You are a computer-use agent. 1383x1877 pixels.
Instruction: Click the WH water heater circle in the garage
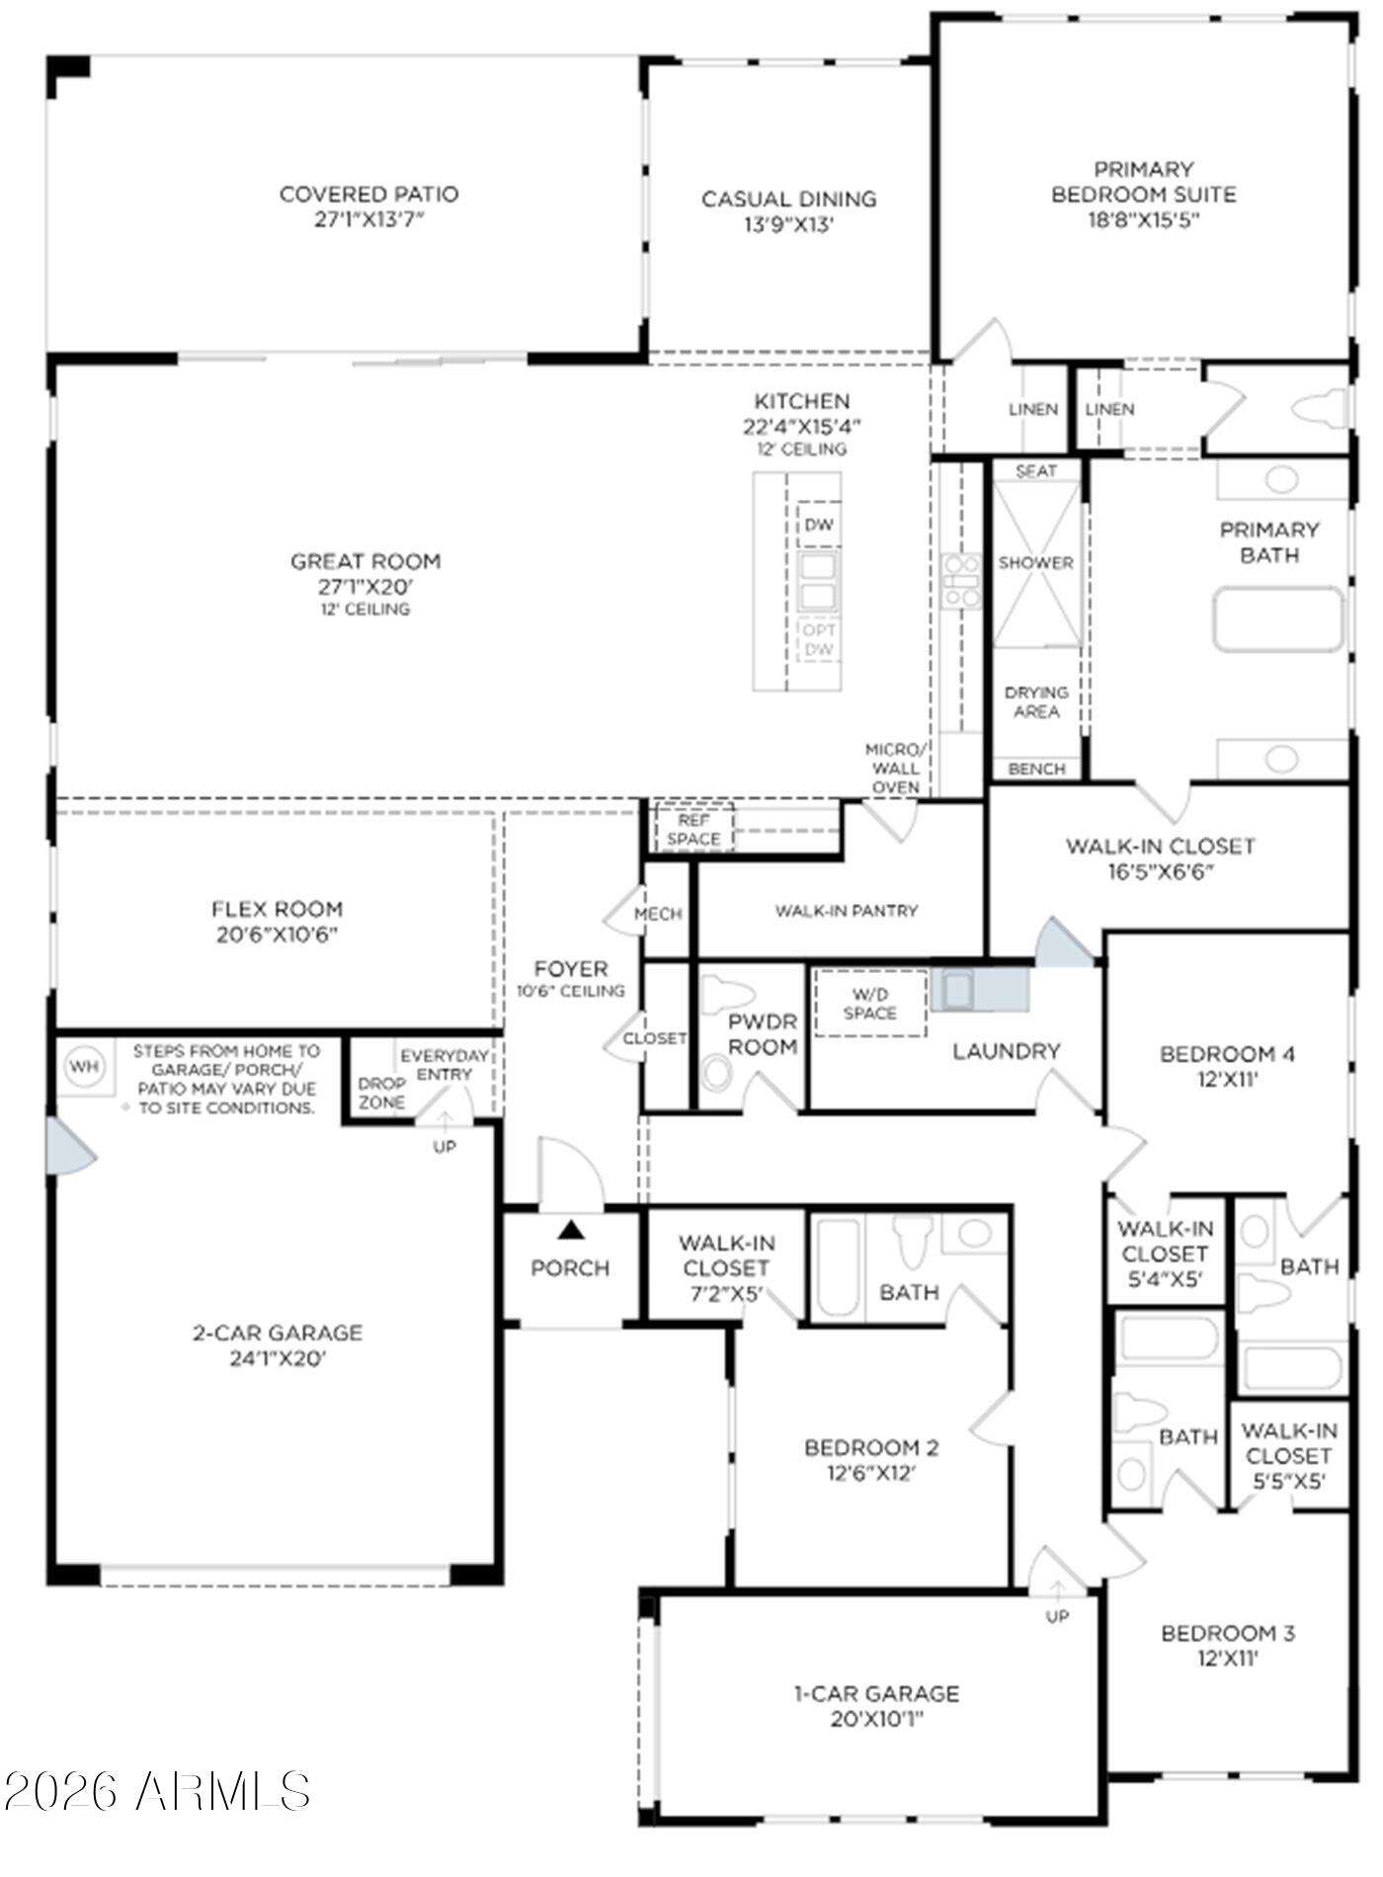[84, 1067]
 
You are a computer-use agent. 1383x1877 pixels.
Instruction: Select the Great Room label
[366, 562]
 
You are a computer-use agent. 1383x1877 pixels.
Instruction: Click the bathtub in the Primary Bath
[1278, 619]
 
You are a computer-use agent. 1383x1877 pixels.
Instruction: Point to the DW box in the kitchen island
[819, 525]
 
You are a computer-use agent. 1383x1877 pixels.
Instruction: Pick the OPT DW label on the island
[819, 639]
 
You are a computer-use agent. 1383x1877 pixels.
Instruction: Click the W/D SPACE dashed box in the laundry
[870, 1004]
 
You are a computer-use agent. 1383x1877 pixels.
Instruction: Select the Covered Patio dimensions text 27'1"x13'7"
[368, 219]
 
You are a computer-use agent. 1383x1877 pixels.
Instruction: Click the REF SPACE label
[693, 830]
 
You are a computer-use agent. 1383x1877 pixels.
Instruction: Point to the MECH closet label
[658, 915]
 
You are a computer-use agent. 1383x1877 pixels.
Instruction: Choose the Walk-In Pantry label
[847, 911]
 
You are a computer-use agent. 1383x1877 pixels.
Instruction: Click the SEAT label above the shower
[1035, 471]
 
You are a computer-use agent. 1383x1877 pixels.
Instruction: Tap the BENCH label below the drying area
[1036, 769]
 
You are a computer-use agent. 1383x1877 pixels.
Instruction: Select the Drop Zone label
[381, 1093]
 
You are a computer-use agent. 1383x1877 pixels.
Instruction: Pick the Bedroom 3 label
[1228, 1634]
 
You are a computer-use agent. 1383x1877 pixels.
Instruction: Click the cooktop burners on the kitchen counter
[960, 581]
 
